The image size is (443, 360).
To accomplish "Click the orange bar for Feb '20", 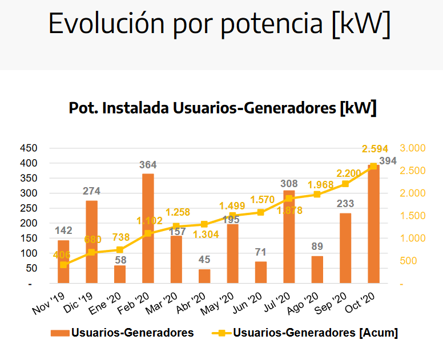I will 148,228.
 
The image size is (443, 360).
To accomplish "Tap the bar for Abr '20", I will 204,276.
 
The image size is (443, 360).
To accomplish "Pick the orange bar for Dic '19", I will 91,242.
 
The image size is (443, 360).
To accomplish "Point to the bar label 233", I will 345,204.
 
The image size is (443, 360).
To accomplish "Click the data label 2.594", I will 376,149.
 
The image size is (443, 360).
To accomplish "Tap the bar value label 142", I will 64,230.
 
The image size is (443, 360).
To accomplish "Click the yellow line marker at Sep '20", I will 345,184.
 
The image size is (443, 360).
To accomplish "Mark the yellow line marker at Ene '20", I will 120,249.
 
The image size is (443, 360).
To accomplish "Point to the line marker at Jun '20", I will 261,212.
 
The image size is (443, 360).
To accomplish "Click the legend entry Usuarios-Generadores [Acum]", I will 315,333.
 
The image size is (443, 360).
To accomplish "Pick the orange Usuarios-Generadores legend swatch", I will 59,333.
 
